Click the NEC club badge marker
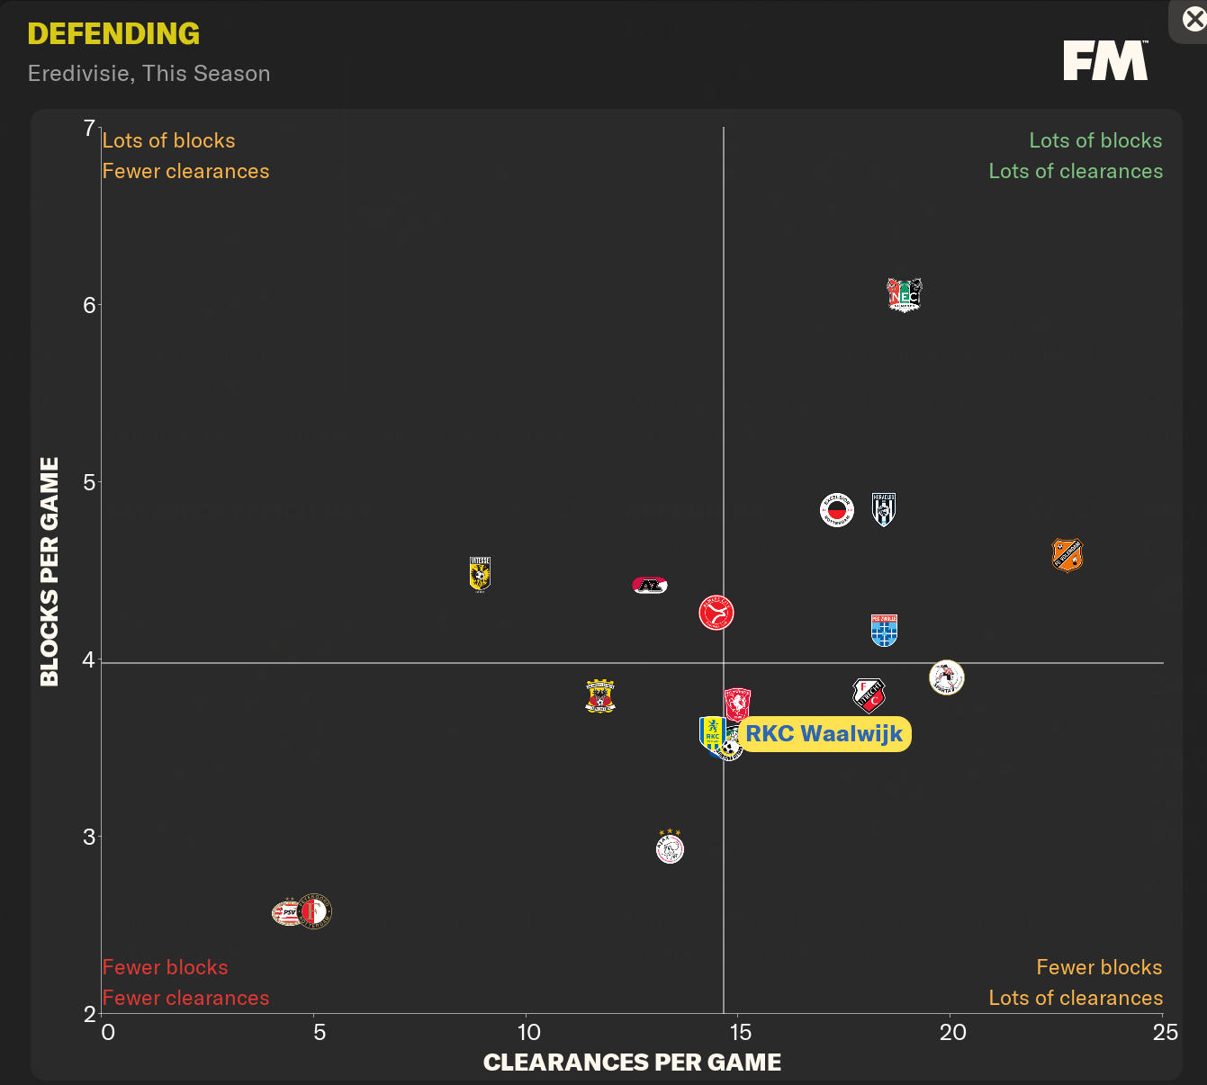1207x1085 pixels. [905, 295]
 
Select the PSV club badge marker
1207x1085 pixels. [288, 912]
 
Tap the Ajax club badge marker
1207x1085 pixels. [670, 847]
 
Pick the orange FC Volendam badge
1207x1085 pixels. [1067, 555]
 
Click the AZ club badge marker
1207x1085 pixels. [650, 586]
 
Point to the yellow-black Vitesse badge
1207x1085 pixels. [480, 574]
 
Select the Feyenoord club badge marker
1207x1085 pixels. [314, 911]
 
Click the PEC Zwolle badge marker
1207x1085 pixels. [884, 630]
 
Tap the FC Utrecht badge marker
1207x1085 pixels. [869, 695]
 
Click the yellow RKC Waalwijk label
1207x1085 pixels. [824, 734]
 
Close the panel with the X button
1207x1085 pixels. [1193, 19]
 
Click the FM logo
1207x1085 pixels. [1105, 60]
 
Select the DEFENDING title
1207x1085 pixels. [113, 34]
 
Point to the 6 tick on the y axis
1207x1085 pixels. [89, 305]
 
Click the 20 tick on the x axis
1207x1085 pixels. [952, 1032]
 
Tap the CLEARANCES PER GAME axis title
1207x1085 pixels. [632, 1063]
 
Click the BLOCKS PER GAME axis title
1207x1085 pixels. [50, 571]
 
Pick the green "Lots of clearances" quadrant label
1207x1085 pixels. [1076, 171]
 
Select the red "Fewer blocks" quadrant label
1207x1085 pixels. [165, 967]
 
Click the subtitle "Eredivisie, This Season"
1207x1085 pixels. [149, 74]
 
